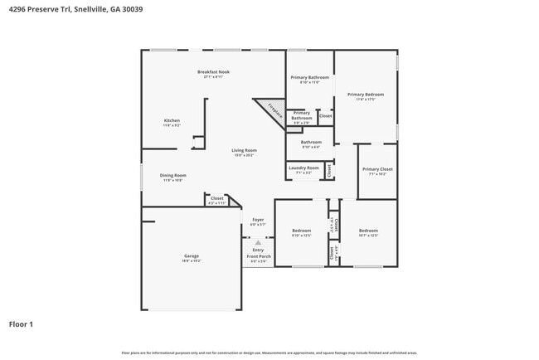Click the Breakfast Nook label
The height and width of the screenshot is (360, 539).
[213, 72]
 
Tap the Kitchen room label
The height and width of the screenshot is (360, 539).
[172, 121]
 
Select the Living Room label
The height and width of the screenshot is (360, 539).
[243, 151]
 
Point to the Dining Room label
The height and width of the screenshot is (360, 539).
[172, 176]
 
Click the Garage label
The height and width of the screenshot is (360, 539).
[192, 256]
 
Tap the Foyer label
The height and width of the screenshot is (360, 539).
[258, 221]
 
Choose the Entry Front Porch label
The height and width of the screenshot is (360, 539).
[259, 253]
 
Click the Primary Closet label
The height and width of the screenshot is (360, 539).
[377, 170]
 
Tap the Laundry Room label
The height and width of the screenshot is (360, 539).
[303, 168]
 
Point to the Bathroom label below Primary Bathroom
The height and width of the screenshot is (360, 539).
[311, 143]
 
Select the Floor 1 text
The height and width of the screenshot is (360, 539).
[21, 324]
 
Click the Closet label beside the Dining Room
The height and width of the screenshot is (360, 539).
[216, 199]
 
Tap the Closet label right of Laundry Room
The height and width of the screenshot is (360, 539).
[329, 170]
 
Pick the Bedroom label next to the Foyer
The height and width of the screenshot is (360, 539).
[301, 231]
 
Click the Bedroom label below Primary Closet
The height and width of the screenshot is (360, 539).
[368, 231]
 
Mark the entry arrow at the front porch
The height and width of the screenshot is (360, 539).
[258, 242]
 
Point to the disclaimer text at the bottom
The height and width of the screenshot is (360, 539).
[269, 353]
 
